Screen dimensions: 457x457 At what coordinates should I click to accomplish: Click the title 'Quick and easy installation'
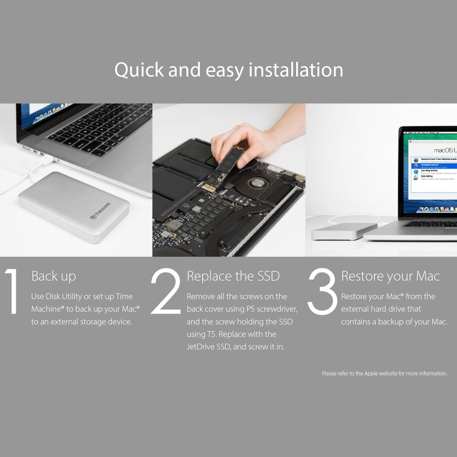click(x=228, y=70)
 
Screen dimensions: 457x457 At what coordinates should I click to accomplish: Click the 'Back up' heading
click(x=54, y=276)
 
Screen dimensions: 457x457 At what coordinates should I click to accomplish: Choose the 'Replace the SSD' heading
click(x=233, y=276)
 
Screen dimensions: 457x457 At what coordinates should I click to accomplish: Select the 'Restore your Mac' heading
click(x=390, y=276)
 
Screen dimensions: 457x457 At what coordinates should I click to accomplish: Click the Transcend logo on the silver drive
click(x=100, y=211)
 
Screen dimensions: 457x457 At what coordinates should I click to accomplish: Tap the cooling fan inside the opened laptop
click(x=256, y=182)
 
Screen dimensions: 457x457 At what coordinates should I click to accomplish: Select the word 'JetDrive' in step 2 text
click(x=202, y=347)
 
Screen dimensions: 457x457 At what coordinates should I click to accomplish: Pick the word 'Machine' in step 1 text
click(x=47, y=309)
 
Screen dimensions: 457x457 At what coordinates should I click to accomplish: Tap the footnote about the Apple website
click(x=384, y=374)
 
